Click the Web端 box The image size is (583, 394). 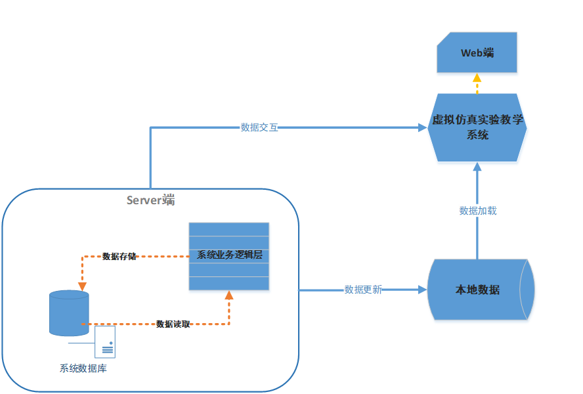pyautogui.click(x=477, y=53)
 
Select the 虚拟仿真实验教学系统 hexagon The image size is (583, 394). pyautogui.click(x=477, y=127)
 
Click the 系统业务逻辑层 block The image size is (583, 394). pyautogui.click(x=229, y=255)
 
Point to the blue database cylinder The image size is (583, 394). pyautogui.click(x=69, y=313)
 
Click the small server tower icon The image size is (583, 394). pyautogui.click(x=105, y=341)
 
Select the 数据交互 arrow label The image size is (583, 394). pyautogui.click(x=259, y=127)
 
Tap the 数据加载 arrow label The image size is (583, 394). pyautogui.click(x=478, y=211)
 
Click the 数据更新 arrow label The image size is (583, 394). pyautogui.click(x=363, y=290)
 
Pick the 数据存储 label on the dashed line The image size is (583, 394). pyautogui.click(x=119, y=256)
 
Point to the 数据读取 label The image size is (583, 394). pyautogui.click(x=173, y=324)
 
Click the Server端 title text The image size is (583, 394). pyautogui.click(x=151, y=200)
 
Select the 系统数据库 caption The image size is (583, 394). pyautogui.click(x=83, y=368)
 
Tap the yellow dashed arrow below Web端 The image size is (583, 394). pyautogui.click(x=477, y=83)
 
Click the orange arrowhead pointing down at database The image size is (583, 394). pyautogui.click(x=82, y=286)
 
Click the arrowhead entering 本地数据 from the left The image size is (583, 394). pyautogui.click(x=422, y=290)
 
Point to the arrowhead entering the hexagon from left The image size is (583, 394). pyautogui.click(x=423, y=127)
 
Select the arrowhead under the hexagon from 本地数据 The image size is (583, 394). pyautogui.click(x=477, y=169)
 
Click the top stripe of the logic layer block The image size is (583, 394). pyautogui.click(x=229, y=229)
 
